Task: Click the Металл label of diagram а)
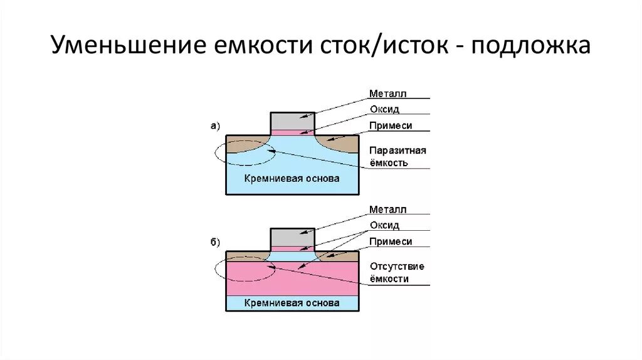(x=388, y=93)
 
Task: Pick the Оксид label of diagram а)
(x=384, y=109)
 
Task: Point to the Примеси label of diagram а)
(x=391, y=125)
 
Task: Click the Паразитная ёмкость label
(x=397, y=157)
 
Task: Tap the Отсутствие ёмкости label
(x=397, y=272)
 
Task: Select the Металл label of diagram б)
(x=388, y=209)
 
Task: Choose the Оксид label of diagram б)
(x=384, y=225)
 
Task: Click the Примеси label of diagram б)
(x=391, y=241)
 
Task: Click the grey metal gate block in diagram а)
(x=292, y=120)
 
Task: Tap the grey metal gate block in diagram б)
(x=292, y=237)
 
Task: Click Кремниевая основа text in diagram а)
(x=292, y=179)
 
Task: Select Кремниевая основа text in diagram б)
(x=292, y=303)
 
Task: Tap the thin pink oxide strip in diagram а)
(x=292, y=132)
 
